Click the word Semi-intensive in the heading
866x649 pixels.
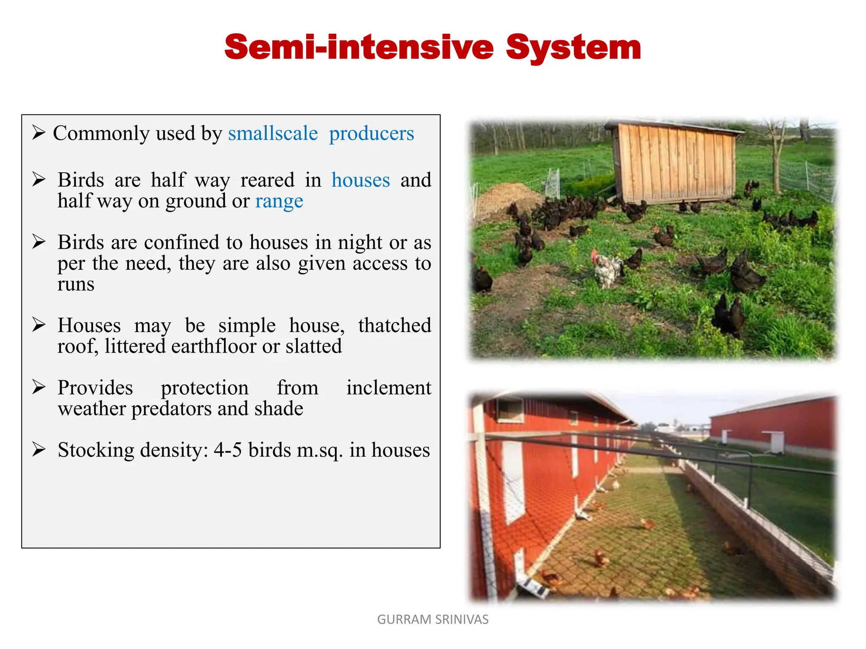coord(359,47)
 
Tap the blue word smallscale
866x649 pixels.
coord(273,134)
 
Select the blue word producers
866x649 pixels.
coord(371,134)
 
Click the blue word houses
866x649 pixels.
coord(360,180)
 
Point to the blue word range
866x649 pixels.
coord(279,201)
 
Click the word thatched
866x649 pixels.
coord(394,325)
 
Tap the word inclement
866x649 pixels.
coord(388,387)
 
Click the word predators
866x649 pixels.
coord(173,409)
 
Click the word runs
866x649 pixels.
coord(76,284)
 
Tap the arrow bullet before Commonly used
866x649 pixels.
coord(38,133)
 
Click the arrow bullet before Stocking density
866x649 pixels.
coord(38,450)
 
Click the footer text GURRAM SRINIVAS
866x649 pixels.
coord(433,619)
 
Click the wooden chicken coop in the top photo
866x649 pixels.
coord(674,163)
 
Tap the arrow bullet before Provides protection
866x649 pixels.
coord(38,387)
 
